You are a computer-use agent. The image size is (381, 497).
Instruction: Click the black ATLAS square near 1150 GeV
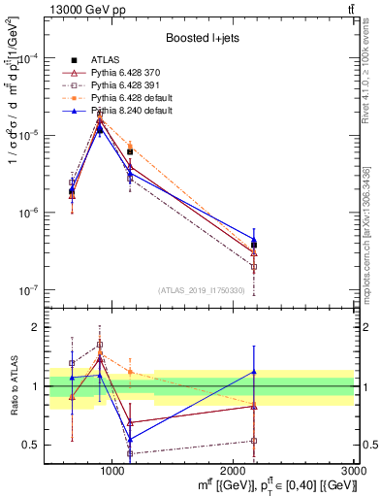click(130, 151)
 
